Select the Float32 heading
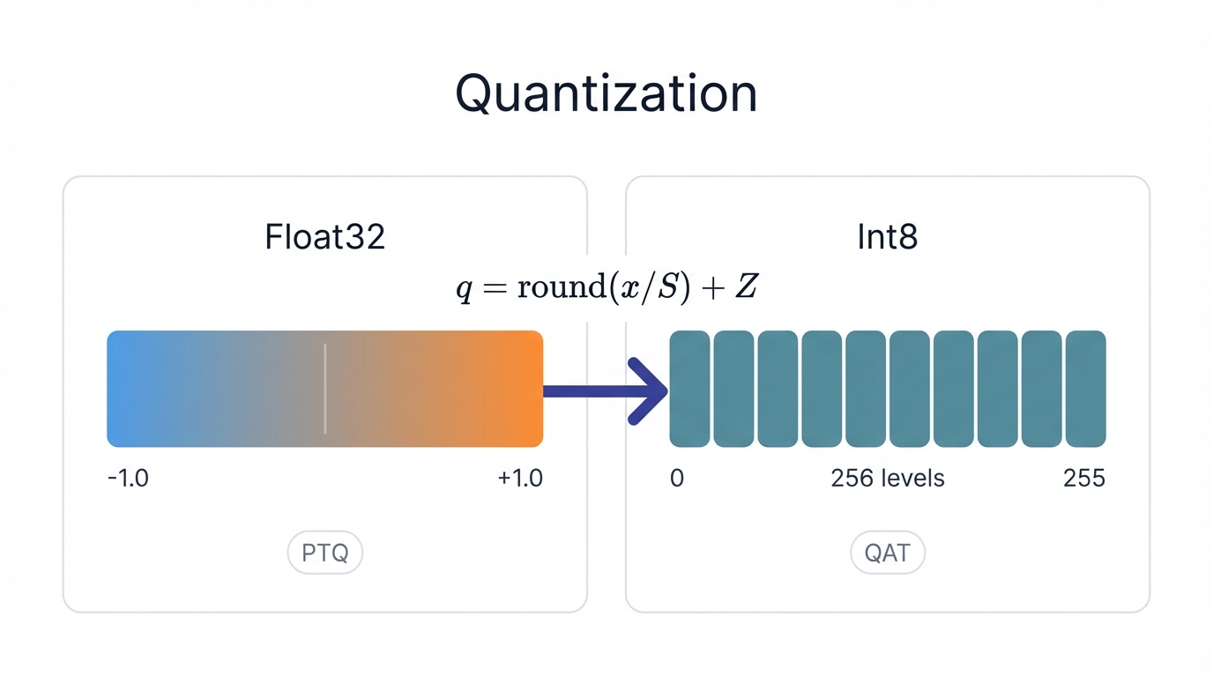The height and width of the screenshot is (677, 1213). pos(324,238)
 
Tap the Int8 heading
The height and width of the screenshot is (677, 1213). pos(887,238)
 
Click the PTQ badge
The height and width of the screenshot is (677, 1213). pos(325,554)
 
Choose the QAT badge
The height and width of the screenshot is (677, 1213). pos(887,554)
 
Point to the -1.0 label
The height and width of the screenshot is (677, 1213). pos(128,479)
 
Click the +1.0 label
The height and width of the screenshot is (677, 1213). pos(520,479)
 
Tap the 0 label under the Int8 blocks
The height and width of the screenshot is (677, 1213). pos(677,479)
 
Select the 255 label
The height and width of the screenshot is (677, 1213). pos(1083,479)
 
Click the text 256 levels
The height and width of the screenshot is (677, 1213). pos(888,479)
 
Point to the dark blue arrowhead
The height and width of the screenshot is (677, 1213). pos(651,391)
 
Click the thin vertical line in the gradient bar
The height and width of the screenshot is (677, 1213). pos(325,389)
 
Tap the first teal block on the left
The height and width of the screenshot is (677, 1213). pos(689,389)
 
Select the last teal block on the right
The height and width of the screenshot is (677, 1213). pos(1085,389)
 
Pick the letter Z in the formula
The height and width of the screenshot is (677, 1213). pos(746,288)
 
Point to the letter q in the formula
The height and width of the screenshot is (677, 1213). pos(464,290)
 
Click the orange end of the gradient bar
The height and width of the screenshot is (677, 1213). pos(525,389)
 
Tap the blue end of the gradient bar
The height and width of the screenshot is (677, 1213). pos(123,389)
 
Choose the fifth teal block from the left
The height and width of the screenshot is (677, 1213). pos(866,389)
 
